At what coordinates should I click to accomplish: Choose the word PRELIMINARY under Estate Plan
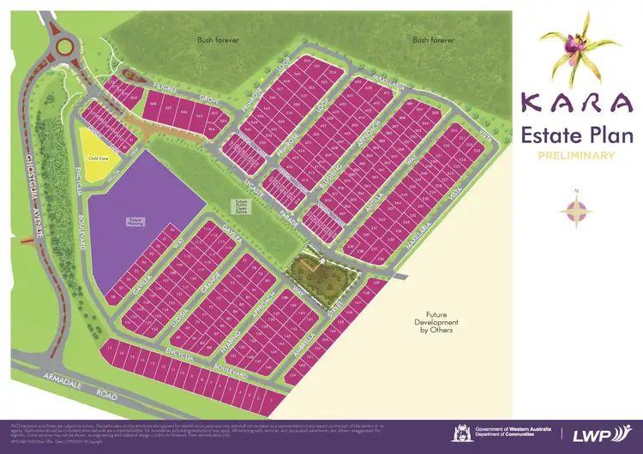[x=577, y=155]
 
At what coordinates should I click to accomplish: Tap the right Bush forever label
[x=432, y=39]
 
